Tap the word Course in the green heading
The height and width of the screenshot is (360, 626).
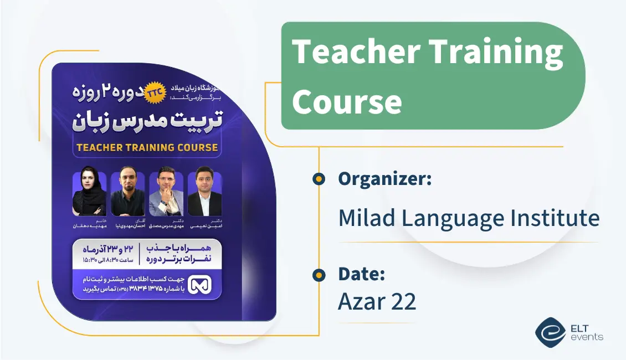coord(347,102)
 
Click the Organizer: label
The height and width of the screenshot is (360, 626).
coord(384,179)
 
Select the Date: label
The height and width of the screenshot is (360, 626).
coord(361,274)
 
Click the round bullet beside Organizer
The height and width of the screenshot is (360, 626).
coord(319,179)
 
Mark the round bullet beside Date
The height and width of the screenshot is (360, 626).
coord(319,274)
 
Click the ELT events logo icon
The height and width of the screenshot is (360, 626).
coord(550,332)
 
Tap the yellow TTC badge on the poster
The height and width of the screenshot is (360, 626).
coord(153,95)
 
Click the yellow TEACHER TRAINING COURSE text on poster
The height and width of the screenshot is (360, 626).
coord(147,148)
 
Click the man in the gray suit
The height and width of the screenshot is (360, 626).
coord(166,194)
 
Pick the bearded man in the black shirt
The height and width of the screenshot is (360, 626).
coord(127,194)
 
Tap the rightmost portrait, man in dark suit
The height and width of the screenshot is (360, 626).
coord(204,194)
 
